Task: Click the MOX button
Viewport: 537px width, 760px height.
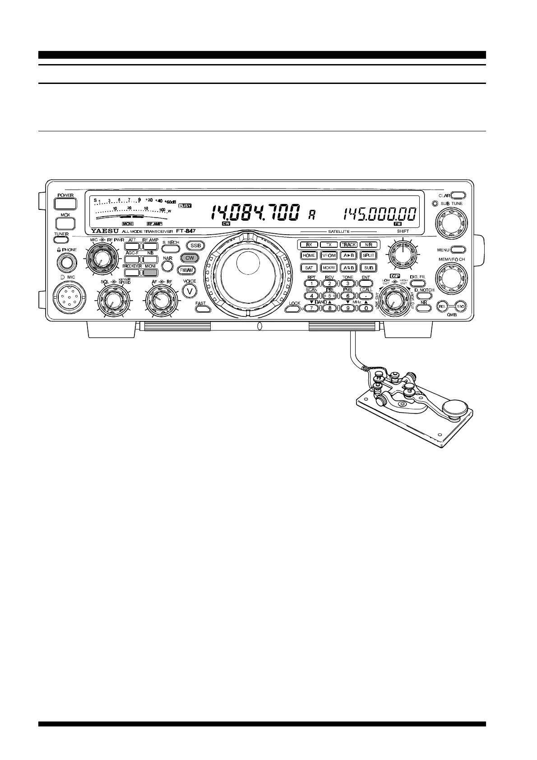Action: tap(65, 223)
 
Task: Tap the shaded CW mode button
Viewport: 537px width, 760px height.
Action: tap(189, 258)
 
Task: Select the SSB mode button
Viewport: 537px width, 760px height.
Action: tap(195, 246)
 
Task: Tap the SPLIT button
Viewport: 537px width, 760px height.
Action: tap(369, 255)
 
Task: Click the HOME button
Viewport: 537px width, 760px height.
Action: tap(309, 255)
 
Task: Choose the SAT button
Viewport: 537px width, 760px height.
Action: tap(309, 268)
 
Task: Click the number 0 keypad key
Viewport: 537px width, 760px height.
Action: tap(366, 308)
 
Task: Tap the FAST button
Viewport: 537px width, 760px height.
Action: tap(201, 309)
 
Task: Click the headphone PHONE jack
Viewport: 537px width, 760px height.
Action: tap(66, 262)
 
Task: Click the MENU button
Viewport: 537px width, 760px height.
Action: tap(458, 249)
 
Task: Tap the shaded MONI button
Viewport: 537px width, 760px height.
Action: tap(150, 272)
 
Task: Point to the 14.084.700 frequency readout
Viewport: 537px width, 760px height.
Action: tap(255, 213)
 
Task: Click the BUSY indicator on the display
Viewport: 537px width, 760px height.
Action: tap(185, 206)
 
